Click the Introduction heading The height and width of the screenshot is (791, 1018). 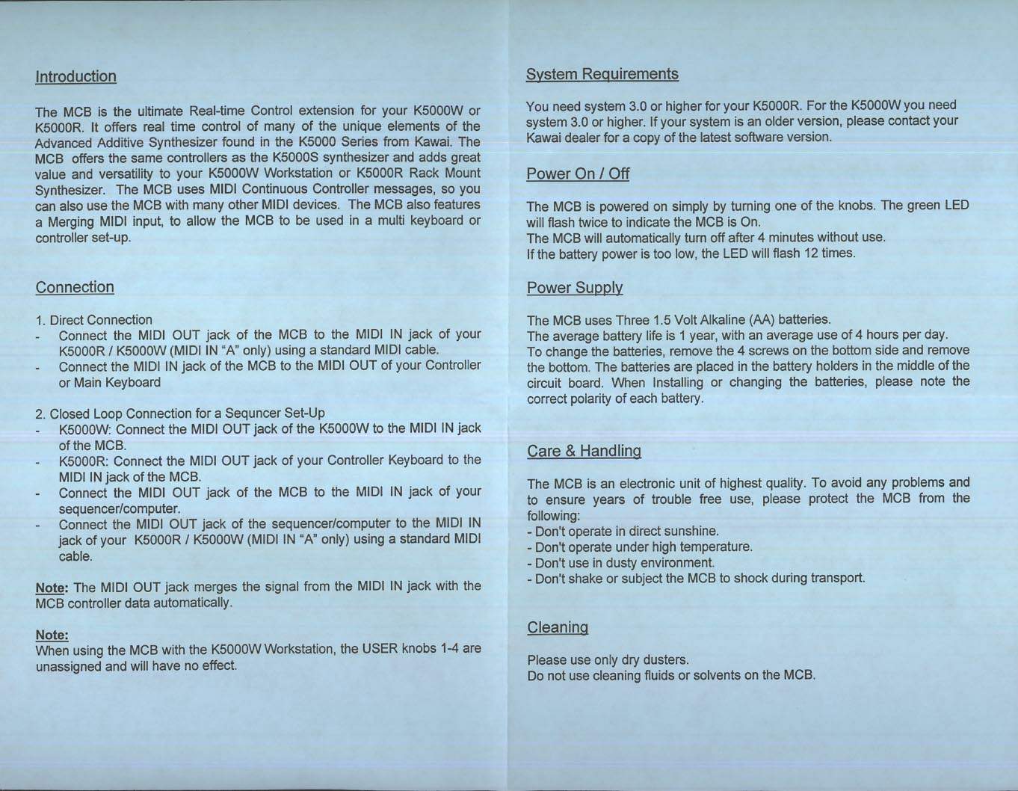76,76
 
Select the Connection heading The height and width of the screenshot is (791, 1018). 75,287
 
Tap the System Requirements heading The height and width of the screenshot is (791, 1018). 602,73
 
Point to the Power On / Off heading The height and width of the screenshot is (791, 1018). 578,173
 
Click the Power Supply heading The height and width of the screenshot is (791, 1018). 575,288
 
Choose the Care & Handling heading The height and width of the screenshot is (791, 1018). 584,451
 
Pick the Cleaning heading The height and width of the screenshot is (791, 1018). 558,627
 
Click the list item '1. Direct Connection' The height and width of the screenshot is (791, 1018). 93,320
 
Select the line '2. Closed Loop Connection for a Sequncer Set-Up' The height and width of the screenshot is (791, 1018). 180,413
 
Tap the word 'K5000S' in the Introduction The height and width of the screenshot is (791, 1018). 298,157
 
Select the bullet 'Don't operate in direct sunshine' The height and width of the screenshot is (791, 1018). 623,531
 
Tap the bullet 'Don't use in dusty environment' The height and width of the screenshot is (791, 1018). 620,562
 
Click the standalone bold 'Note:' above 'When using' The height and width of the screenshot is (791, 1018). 52,635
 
